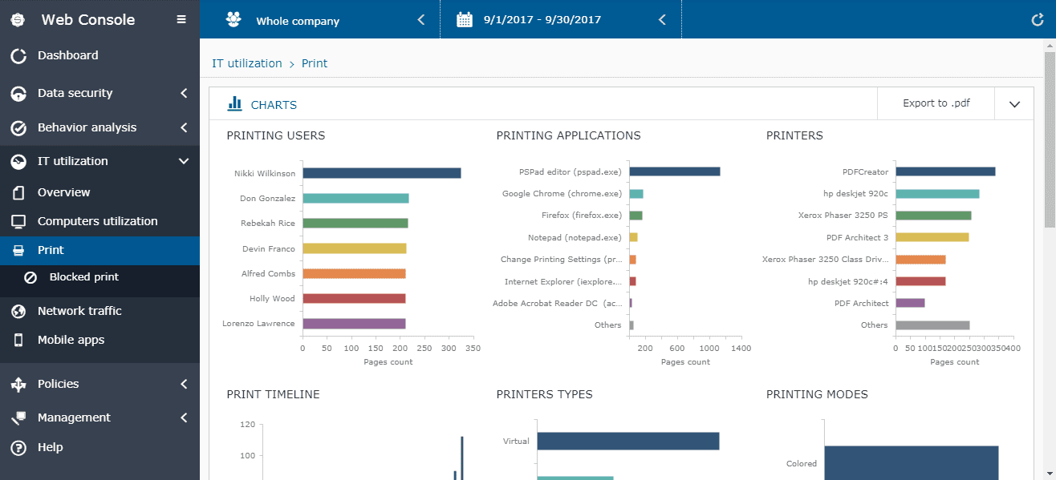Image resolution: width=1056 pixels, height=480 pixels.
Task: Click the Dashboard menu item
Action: [x=67, y=55]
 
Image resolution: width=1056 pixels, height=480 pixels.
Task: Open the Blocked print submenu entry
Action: [x=83, y=277]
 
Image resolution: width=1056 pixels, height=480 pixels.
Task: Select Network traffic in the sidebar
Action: [x=79, y=311]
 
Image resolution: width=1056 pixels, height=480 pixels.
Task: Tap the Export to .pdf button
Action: [x=936, y=103]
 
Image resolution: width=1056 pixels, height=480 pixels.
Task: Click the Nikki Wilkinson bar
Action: [x=381, y=173]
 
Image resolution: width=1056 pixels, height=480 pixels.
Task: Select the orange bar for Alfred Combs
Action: [x=354, y=274]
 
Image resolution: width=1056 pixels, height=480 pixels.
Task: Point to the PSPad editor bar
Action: [x=674, y=171]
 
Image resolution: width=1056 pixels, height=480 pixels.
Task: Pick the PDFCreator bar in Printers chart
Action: [x=945, y=171]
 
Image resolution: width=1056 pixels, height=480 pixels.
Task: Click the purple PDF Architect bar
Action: [x=910, y=303]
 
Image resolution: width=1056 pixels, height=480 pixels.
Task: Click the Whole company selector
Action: [x=298, y=21]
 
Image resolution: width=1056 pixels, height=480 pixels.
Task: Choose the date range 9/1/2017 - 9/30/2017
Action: [x=542, y=20]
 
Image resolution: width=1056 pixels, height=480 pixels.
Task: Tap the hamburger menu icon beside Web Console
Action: [x=181, y=20]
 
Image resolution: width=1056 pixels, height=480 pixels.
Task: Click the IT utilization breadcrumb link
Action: [x=246, y=63]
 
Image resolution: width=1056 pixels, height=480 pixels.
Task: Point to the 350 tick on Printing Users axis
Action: [x=473, y=349]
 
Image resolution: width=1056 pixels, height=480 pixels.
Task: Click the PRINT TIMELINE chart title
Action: [x=273, y=394]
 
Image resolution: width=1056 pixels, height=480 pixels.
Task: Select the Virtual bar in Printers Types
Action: [x=628, y=441]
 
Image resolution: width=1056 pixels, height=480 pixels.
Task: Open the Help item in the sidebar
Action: [x=50, y=447]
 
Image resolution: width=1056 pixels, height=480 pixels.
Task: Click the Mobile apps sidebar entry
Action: [x=71, y=340]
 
